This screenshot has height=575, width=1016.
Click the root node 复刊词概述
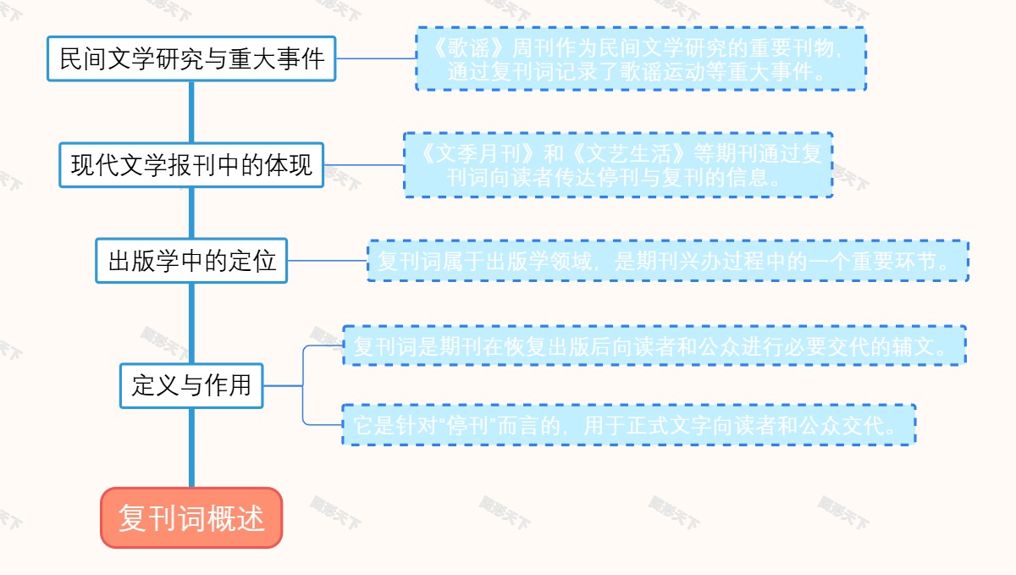pyautogui.click(x=191, y=517)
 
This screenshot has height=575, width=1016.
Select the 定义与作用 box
pyautogui.click(x=191, y=385)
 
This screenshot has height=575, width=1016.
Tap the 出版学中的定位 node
pyautogui.click(x=191, y=261)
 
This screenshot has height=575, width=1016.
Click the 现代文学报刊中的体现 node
pyautogui.click(x=191, y=165)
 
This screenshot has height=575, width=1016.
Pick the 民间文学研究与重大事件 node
pyautogui.click(x=191, y=59)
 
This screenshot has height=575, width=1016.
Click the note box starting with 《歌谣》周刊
pyautogui.click(x=641, y=59)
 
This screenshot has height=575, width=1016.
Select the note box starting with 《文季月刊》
pyautogui.click(x=618, y=165)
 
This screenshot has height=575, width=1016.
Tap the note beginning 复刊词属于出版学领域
pyautogui.click(x=667, y=261)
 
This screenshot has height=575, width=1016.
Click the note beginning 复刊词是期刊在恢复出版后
pyautogui.click(x=654, y=346)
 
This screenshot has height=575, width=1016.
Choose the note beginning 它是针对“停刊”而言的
pyautogui.click(x=629, y=425)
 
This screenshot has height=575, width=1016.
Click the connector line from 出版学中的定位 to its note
pyautogui.click(x=327, y=261)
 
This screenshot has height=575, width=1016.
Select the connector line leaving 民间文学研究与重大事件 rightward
pyautogui.click(x=375, y=59)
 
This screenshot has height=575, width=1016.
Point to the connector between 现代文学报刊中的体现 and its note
pyautogui.click(x=364, y=165)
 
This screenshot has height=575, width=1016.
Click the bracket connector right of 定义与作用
pyautogui.click(x=303, y=385)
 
